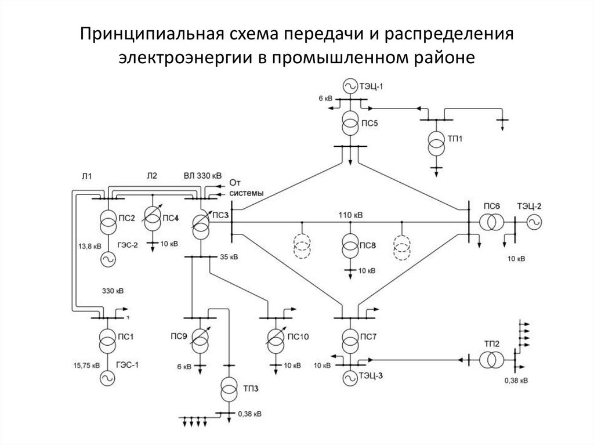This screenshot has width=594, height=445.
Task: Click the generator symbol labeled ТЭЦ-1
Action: (x=350, y=86)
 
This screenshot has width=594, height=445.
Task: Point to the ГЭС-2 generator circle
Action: (x=107, y=259)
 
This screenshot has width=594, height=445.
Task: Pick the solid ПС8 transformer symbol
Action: (x=350, y=246)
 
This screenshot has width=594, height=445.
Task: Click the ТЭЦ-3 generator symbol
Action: (x=350, y=377)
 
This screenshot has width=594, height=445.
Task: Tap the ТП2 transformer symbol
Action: (x=491, y=360)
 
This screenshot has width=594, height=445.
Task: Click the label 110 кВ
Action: (x=351, y=215)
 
